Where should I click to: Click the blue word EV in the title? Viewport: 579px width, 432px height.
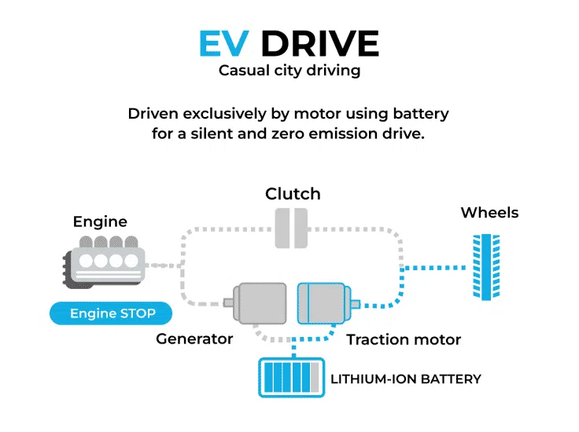click(x=223, y=43)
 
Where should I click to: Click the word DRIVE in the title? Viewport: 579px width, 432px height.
click(x=320, y=43)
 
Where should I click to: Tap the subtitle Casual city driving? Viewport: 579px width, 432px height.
click(x=289, y=71)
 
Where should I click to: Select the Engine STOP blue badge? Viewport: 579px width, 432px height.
click(x=111, y=313)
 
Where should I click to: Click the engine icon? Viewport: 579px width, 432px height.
click(x=105, y=262)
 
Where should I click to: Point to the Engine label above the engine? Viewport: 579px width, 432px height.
click(x=100, y=222)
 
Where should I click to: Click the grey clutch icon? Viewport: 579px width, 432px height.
click(x=291, y=228)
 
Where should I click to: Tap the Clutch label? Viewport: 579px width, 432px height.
click(x=293, y=194)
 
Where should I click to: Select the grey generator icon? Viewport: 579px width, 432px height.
click(x=256, y=303)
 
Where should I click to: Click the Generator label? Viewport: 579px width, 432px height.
click(x=194, y=339)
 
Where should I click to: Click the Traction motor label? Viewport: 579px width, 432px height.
click(x=404, y=339)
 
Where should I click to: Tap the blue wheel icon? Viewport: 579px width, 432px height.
click(x=486, y=267)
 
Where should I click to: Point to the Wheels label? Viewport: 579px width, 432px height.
click(x=489, y=213)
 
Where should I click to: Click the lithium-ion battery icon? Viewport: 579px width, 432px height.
click(x=291, y=378)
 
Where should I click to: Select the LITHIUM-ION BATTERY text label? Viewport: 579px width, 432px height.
click(x=406, y=379)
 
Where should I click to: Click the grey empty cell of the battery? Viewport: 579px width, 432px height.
click(x=315, y=378)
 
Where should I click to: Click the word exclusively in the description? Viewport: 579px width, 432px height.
click(x=224, y=114)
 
